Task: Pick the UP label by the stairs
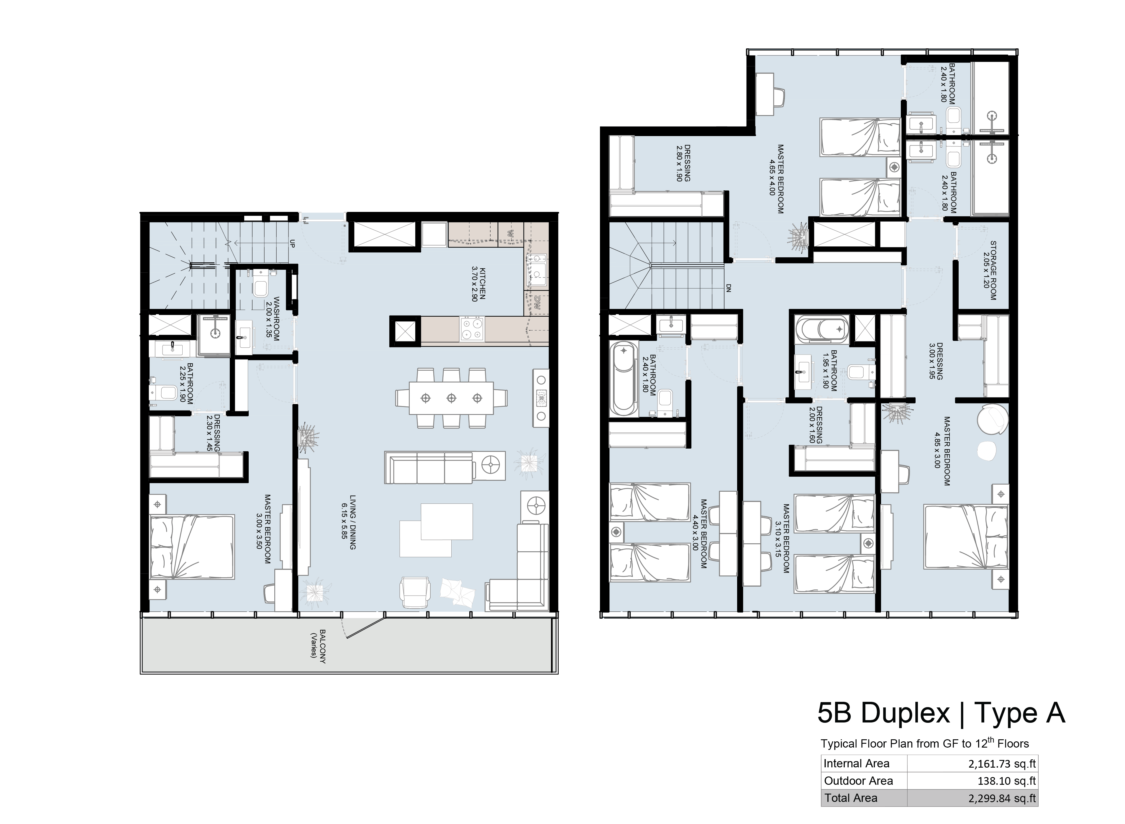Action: click(x=292, y=244)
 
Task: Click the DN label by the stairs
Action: click(x=728, y=288)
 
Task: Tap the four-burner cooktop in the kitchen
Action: click(x=472, y=329)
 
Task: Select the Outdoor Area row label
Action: click(x=858, y=781)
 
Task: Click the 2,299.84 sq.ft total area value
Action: click(x=1002, y=798)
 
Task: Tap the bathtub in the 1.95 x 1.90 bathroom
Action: click(x=822, y=329)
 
